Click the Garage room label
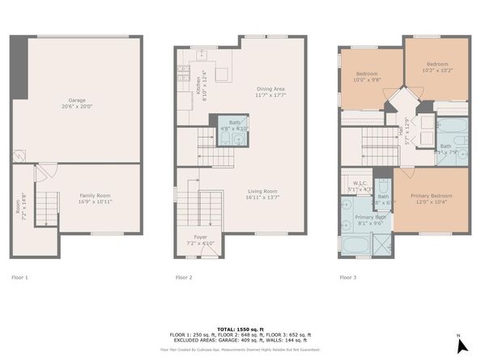coord(76,103)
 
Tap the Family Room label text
coord(94,197)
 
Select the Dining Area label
coord(270,91)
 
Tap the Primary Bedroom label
coord(431,198)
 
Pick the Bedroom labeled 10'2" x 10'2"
coord(438,67)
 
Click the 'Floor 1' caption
coord(20,277)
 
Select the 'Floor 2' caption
coord(184,277)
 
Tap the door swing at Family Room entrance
coord(46,172)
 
